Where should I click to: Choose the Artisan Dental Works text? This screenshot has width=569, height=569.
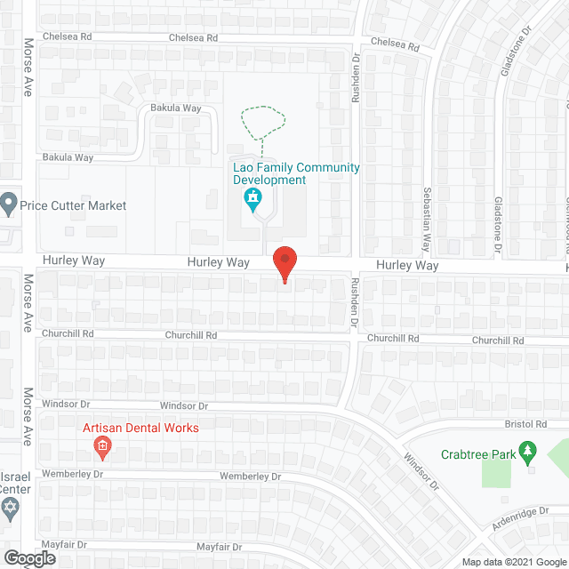click(x=140, y=428)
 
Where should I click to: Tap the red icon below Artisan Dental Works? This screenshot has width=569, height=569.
click(x=102, y=445)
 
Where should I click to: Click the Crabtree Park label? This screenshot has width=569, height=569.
click(x=478, y=454)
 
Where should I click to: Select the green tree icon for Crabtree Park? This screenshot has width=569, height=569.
click(x=528, y=454)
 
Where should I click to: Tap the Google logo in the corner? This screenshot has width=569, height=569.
click(x=28, y=557)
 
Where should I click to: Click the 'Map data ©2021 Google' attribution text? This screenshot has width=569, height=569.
click(x=512, y=562)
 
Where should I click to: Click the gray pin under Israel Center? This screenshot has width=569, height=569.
click(x=11, y=509)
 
